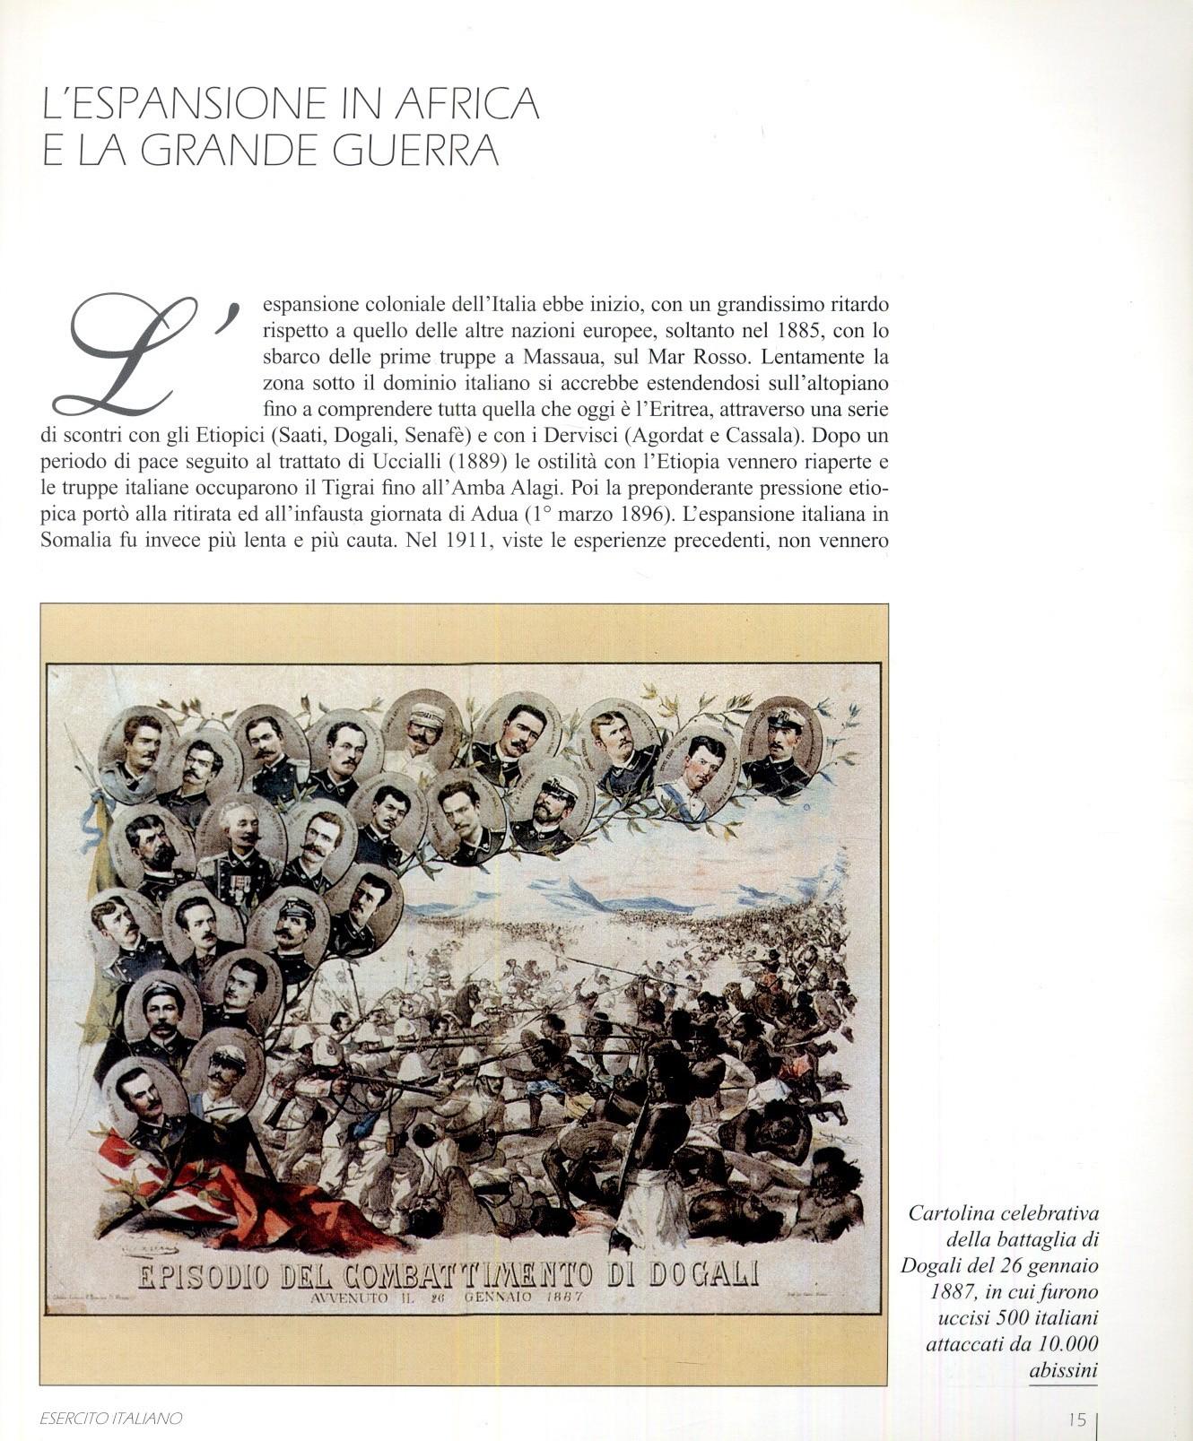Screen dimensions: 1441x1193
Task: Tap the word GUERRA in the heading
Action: click(x=415, y=150)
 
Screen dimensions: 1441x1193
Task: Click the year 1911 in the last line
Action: click(x=467, y=541)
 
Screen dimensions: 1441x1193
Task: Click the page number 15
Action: click(x=1077, y=1419)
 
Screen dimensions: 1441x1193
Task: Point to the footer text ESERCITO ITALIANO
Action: click(x=111, y=1419)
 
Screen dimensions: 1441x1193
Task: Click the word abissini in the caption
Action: click(x=1063, y=1370)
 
